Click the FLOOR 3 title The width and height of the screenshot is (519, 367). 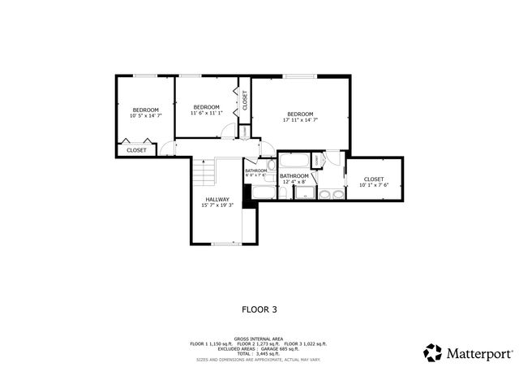tap(259, 309)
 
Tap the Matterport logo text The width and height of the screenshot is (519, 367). tap(476, 353)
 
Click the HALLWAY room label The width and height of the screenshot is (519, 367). tap(217, 199)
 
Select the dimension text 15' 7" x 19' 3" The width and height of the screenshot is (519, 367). tap(217, 205)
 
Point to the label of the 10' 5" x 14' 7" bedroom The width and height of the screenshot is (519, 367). tap(146, 110)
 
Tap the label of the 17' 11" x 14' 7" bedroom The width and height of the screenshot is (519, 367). tap(300, 114)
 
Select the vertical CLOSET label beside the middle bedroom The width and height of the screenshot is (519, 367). tap(244, 100)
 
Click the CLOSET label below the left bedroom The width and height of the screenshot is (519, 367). tap(136, 149)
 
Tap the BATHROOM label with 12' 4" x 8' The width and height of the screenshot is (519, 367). tap(294, 176)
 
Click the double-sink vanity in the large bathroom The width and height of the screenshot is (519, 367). tap(330, 195)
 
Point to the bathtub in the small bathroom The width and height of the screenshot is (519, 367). tap(263, 192)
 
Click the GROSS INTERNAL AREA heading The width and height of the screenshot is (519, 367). tap(259, 338)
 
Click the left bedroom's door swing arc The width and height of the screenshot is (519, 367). tap(168, 148)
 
